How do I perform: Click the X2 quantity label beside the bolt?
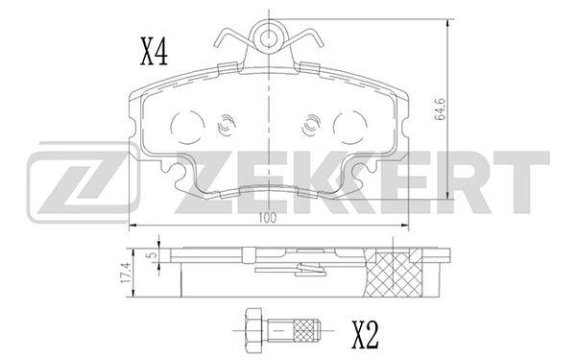pos(364,335)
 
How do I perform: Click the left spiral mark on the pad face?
pos(228,126)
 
